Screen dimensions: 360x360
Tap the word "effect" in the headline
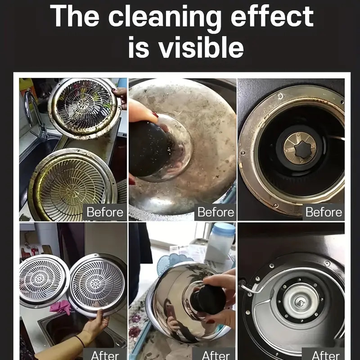[x=272, y=16]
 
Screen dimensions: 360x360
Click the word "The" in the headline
[x=75, y=16]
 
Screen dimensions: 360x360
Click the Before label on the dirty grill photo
[x=105, y=212]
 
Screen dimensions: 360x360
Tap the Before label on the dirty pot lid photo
[x=216, y=212]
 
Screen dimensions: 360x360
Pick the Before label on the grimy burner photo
[x=324, y=212]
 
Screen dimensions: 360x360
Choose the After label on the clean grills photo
[x=105, y=355]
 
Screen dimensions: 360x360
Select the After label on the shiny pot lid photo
[x=216, y=355]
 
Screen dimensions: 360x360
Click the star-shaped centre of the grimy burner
[x=303, y=149]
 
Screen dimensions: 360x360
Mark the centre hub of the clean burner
[x=300, y=303]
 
